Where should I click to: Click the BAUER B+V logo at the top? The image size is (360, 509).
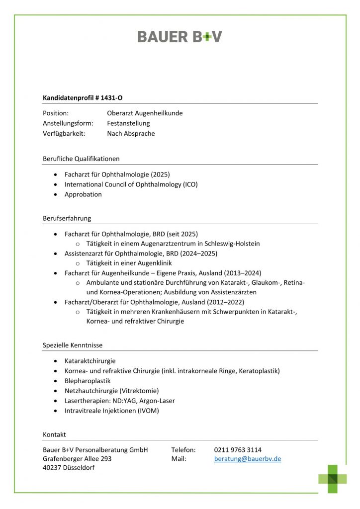pos(180,36)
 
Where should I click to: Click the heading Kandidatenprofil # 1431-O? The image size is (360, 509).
pos(83,98)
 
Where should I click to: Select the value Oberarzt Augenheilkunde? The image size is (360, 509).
pos(145,113)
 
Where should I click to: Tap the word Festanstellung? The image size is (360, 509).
pos(128,123)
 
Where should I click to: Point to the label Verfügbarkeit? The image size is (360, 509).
pos(64,133)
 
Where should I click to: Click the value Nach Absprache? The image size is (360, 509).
pos(131,133)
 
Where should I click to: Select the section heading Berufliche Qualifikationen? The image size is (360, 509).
pos(81,159)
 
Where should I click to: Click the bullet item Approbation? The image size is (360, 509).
pos(83,194)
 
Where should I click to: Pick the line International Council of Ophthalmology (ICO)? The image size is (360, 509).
pos(131,184)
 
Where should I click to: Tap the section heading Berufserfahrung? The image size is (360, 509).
pos(67,218)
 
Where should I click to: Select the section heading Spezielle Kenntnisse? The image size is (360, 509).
pos(73,345)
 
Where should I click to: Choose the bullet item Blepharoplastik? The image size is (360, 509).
pos(88,381)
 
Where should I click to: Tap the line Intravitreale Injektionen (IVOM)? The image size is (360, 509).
pos(112,411)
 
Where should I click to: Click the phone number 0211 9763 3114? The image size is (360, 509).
pos(238,450)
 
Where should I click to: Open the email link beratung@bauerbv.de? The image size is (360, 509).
pos(248,459)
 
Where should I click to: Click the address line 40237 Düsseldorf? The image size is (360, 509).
pos(69,468)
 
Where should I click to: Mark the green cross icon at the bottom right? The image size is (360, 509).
pos(333,479)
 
